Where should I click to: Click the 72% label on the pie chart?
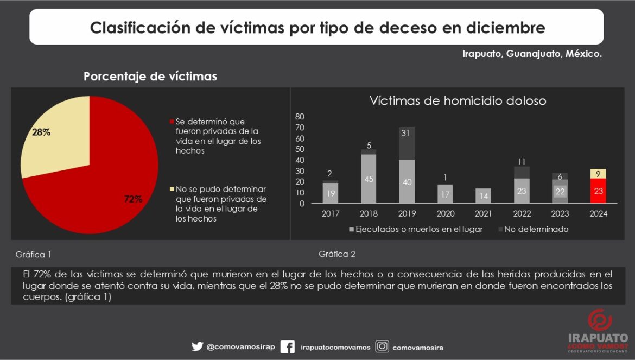click(x=132, y=199)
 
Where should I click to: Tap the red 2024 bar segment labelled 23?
click(x=598, y=191)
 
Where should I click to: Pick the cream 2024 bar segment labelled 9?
click(x=598, y=174)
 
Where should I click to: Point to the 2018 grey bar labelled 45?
click(x=369, y=179)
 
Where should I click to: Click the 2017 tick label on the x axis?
click(x=331, y=214)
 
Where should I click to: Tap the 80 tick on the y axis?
click(x=300, y=117)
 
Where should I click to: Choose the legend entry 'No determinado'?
click(x=536, y=229)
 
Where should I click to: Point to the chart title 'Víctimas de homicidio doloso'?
click(x=458, y=101)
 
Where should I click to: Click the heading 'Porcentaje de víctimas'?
click(x=150, y=77)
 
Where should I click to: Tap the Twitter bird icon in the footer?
click(x=197, y=346)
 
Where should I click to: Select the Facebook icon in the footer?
click(x=287, y=346)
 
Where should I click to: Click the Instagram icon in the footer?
click(x=382, y=346)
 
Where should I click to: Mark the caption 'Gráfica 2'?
click(x=337, y=254)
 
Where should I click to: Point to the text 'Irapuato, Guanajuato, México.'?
click(x=532, y=54)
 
